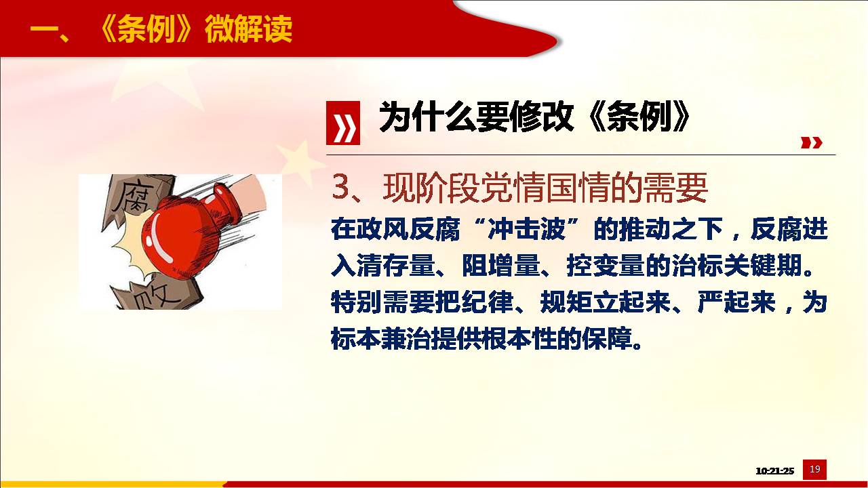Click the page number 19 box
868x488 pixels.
[x=814, y=470]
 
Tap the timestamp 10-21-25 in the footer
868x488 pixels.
[x=774, y=471]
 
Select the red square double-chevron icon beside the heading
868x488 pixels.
[x=343, y=123]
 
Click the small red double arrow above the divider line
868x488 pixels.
[x=812, y=142]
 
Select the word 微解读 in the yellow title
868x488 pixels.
[x=248, y=28]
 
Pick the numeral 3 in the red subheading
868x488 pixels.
[x=340, y=188]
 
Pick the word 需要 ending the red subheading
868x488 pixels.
[x=675, y=188]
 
